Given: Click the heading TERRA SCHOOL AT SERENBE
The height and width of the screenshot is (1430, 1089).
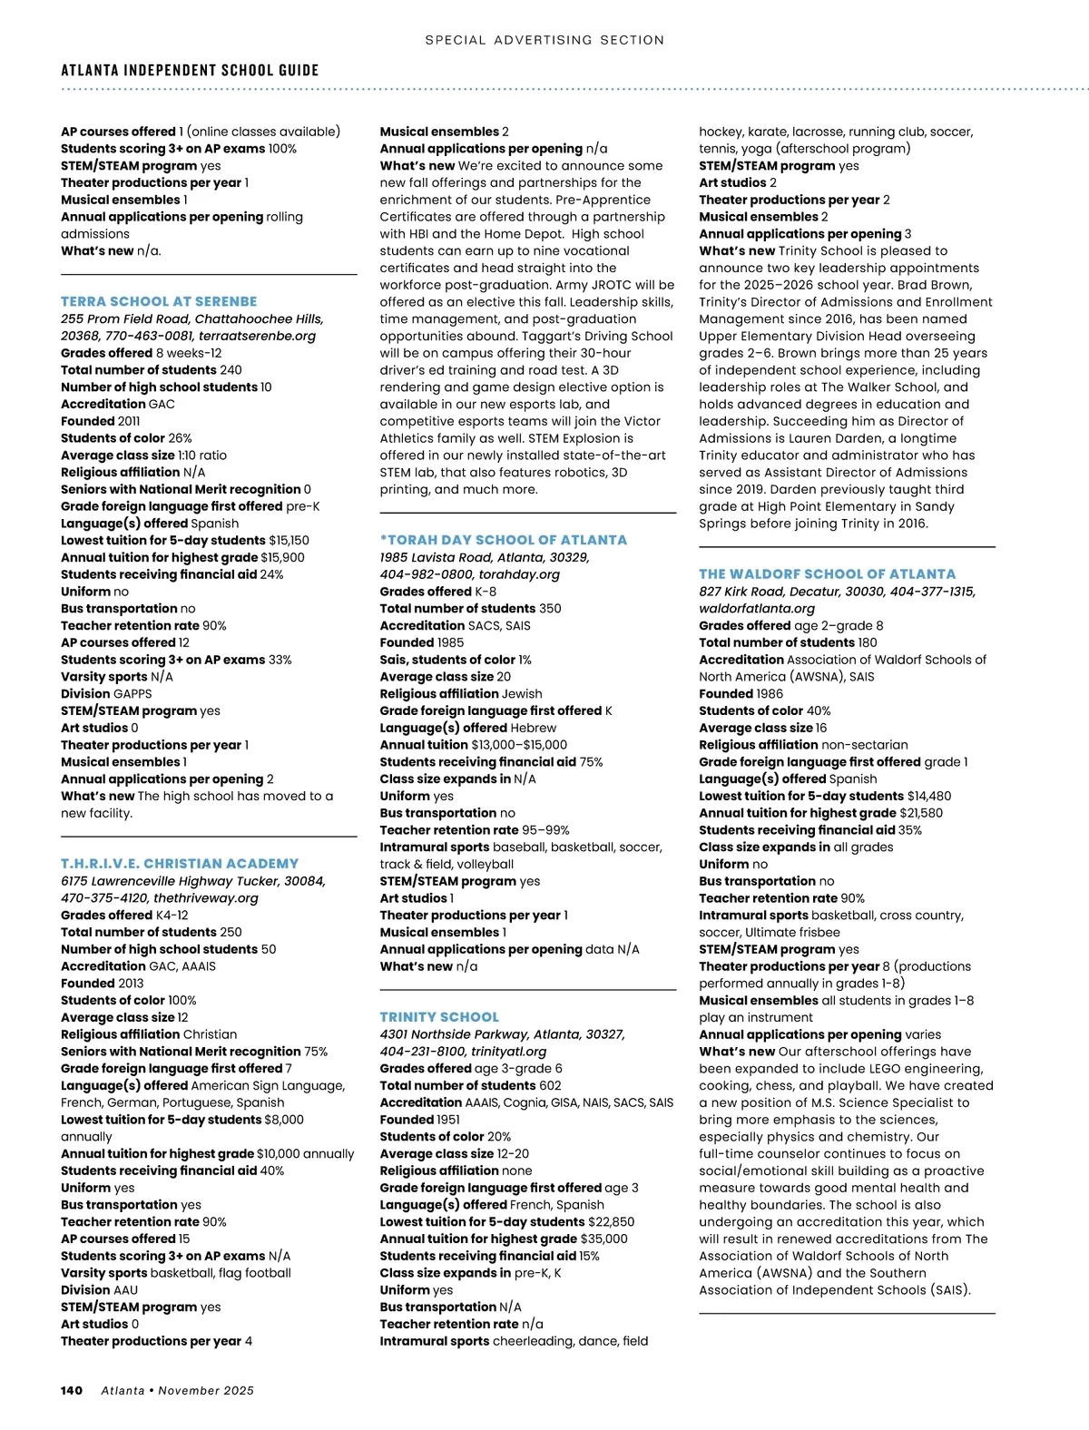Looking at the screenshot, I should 159,301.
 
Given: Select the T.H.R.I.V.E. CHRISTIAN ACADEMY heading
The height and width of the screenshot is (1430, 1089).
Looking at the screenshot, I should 180,864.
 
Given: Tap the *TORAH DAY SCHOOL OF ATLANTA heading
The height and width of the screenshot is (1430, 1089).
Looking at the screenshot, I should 504,540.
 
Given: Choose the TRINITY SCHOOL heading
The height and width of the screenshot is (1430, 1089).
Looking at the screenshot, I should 439,1017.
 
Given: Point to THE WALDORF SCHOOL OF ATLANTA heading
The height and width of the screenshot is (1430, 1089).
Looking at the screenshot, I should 827,574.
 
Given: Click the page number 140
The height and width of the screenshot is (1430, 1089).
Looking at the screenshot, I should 72,1390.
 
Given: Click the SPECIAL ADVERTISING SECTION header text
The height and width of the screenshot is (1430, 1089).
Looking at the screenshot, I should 544,40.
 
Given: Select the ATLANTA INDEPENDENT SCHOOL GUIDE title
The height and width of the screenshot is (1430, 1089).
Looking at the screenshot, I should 190,70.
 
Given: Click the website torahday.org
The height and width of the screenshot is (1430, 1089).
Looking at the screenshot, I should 520,574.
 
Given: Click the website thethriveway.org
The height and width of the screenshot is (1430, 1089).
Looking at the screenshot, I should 206,898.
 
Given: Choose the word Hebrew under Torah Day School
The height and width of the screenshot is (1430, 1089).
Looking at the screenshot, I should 533,728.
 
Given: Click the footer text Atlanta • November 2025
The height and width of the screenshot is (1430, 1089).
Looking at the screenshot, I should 177,1390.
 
